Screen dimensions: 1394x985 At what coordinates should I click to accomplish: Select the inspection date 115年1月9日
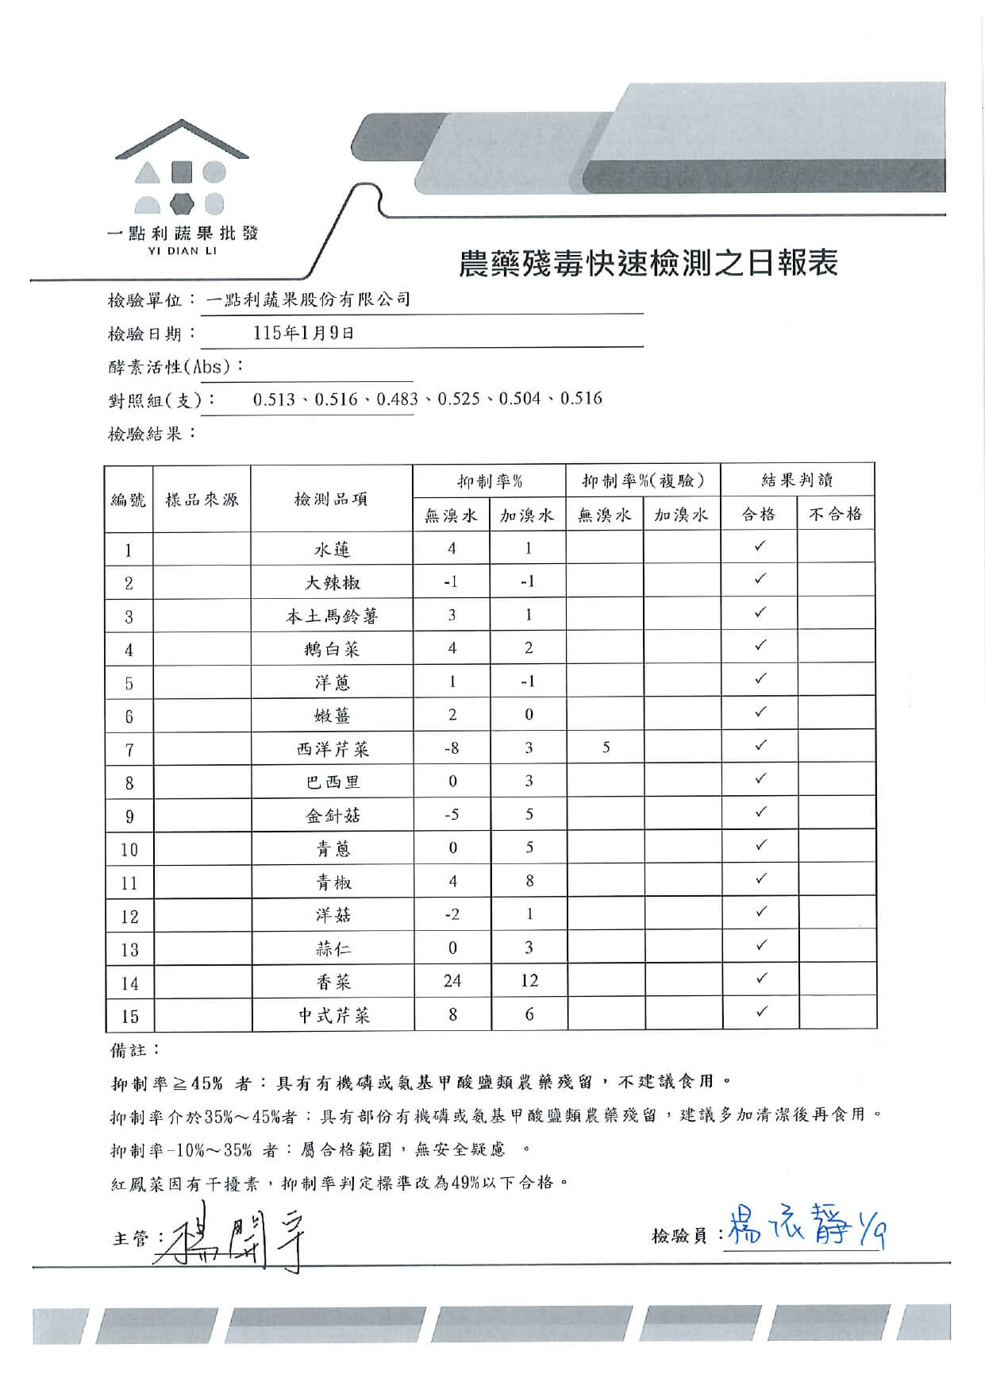303,333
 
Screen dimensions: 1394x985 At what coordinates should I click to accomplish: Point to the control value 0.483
397,399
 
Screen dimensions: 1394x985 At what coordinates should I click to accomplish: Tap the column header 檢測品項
331,499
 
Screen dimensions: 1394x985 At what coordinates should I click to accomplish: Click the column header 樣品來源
202,499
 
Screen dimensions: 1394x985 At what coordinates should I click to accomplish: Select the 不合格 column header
835,514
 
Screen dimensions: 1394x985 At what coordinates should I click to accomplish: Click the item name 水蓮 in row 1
332,550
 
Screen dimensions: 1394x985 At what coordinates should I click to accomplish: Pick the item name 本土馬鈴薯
332,616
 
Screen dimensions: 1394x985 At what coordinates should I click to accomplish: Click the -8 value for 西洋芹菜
451,748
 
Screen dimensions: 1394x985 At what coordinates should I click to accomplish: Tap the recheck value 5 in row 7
606,747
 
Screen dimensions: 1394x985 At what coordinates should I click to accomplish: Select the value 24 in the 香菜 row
452,981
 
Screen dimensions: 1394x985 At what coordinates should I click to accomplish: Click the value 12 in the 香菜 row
529,981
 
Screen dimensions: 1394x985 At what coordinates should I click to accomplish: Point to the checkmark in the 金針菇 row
760,812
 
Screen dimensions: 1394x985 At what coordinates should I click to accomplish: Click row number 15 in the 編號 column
129,1016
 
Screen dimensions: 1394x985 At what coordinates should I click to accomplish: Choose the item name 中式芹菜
333,1015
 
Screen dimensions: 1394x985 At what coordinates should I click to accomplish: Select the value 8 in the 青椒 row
529,881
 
